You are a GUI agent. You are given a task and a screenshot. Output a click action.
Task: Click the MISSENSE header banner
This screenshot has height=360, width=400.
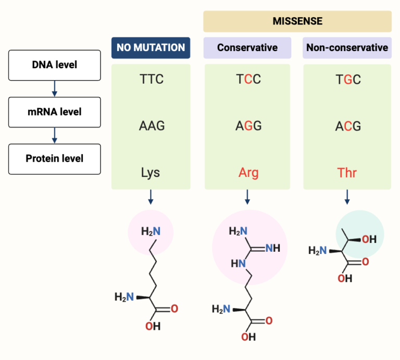click(x=297, y=21)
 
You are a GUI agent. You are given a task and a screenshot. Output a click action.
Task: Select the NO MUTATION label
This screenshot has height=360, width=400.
click(x=151, y=47)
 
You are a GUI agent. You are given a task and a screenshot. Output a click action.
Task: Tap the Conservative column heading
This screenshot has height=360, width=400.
click(x=247, y=47)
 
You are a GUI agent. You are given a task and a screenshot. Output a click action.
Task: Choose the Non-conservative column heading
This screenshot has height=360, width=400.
click(x=347, y=47)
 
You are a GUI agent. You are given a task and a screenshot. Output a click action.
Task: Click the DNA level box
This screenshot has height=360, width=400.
click(x=54, y=65)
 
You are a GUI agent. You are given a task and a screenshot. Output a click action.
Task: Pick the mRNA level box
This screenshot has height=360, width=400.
click(x=54, y=112)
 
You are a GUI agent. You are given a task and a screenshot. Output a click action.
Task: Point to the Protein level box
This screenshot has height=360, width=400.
click(x=54, y=159)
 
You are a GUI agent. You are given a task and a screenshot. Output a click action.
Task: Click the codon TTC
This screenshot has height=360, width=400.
click(x=151, y=80)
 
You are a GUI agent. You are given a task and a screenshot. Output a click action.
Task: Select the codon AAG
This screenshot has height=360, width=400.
click(x=151, y=126)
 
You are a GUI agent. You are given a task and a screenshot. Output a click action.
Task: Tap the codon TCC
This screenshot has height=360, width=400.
click(x=247, y=80)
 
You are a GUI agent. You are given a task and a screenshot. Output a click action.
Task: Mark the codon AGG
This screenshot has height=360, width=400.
click(x=247, y=126)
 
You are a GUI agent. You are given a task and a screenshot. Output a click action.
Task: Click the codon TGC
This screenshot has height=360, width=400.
click(x=347, y=80)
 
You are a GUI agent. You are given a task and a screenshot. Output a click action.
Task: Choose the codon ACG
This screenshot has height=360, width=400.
click(x=347, y=126)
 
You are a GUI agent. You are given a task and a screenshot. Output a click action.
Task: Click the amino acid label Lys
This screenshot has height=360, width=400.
click(x=151, y=172)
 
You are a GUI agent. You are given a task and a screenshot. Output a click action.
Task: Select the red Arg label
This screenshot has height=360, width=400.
click(x=247, y=172)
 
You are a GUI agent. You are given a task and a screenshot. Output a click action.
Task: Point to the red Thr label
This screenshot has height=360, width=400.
click(x=347, y=172)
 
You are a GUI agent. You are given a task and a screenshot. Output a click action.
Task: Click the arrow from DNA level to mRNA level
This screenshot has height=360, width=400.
click(x=54, y=89)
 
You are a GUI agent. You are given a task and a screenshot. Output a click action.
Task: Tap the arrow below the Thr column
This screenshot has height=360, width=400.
click(x=347, y=197)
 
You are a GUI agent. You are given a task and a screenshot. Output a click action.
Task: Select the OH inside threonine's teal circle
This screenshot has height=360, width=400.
click(x=369, y=239)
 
